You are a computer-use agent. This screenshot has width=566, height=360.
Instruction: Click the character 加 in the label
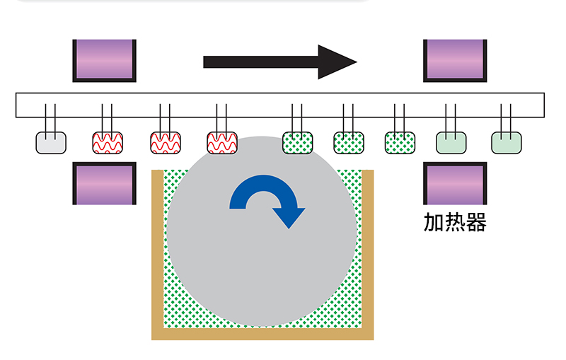pos(433,223)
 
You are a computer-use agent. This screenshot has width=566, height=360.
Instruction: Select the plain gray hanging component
pos(51,142)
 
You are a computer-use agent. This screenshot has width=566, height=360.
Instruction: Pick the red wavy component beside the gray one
pos(108,142)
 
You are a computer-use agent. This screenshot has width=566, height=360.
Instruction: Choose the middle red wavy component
pos(165,142)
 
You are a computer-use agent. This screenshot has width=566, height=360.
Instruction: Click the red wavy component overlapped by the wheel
pos(221,142)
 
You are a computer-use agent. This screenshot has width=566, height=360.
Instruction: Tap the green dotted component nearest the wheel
pos(298,142)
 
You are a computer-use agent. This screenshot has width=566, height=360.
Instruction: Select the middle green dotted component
pos(349,142)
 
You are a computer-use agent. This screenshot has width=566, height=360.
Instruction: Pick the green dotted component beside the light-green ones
pos(400,142)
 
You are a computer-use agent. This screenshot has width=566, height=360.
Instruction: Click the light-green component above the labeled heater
pos(451,142)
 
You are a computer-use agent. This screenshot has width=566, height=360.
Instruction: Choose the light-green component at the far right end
pos(507,142)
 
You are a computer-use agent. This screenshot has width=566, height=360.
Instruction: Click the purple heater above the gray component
pos(104,59)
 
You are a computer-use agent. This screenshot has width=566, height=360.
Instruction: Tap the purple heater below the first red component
pos(104,182)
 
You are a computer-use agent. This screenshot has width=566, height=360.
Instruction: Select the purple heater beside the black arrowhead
pos(455,59)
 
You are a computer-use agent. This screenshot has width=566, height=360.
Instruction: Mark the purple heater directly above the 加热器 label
pos(455,182)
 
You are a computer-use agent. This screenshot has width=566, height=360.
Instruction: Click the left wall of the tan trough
pos(158,255)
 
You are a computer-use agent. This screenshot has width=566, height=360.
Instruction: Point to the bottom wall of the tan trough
pos(262,334)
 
